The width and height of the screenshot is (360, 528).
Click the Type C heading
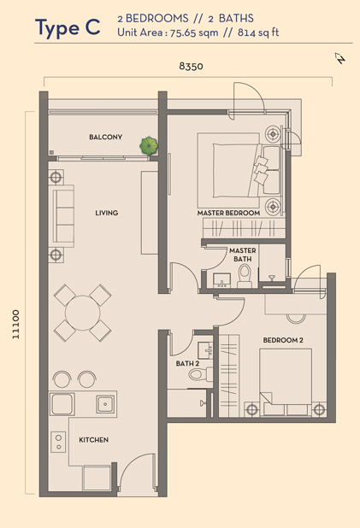click(68, 27)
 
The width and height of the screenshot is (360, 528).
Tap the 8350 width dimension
click(191, 66)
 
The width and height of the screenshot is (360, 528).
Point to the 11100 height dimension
click(16, 325)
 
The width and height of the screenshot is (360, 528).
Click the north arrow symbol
click(340, 58)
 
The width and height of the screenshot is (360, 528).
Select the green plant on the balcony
click(149, 146)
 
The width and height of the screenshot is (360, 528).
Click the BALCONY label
click(105, 137)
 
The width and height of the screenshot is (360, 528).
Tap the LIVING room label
click(107, 213)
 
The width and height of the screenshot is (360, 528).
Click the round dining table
click(83, 313)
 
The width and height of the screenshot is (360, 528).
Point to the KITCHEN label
click(94, 440)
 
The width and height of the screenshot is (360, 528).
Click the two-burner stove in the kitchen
click(59, 442)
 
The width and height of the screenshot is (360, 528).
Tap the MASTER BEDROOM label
click(228, 213)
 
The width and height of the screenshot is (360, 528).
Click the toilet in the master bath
click(245, 276)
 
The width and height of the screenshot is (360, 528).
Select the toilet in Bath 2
click(200, 374)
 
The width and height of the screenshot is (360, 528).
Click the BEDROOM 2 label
click(283, 340)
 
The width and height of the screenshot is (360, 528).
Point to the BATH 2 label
click(187, 364)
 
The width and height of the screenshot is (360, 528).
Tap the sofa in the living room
click(63, 216)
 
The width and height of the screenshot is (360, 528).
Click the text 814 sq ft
click(258, 32)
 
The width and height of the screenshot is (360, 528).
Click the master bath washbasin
click(221, 280)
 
